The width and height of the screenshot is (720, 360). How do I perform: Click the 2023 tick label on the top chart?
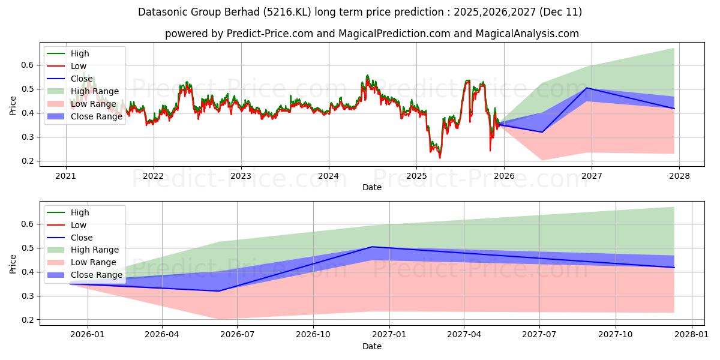pos(241,176)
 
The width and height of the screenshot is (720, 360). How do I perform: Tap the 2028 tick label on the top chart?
pos(679,176)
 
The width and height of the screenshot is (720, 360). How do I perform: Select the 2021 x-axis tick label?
pos(65,176)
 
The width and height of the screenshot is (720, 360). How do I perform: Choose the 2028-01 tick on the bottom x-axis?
pos(692,335)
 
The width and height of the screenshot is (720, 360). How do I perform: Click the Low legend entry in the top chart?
pos(79,66)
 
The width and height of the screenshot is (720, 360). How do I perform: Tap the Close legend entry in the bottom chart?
pos(82,238)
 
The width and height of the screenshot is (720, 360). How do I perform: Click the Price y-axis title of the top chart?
pos(13,106)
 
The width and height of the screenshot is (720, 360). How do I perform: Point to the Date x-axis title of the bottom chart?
pos(372,346)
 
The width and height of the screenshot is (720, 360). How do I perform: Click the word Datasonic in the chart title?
pos(159,12)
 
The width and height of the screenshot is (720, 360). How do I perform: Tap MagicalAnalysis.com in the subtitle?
pos(527,34)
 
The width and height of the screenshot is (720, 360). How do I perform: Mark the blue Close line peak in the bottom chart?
pos(373,247)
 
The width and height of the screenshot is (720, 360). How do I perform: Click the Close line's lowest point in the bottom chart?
pos(219,291)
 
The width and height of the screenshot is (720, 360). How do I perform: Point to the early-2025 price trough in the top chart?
pos(440,158)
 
